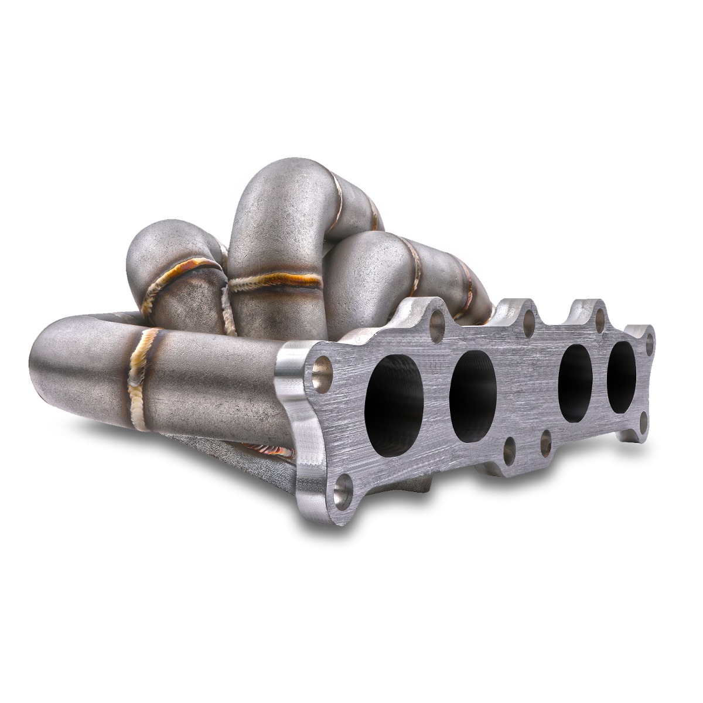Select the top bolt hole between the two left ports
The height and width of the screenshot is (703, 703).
(x=437, y=324)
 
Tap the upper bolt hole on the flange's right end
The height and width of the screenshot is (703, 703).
(x=649, y=342)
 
